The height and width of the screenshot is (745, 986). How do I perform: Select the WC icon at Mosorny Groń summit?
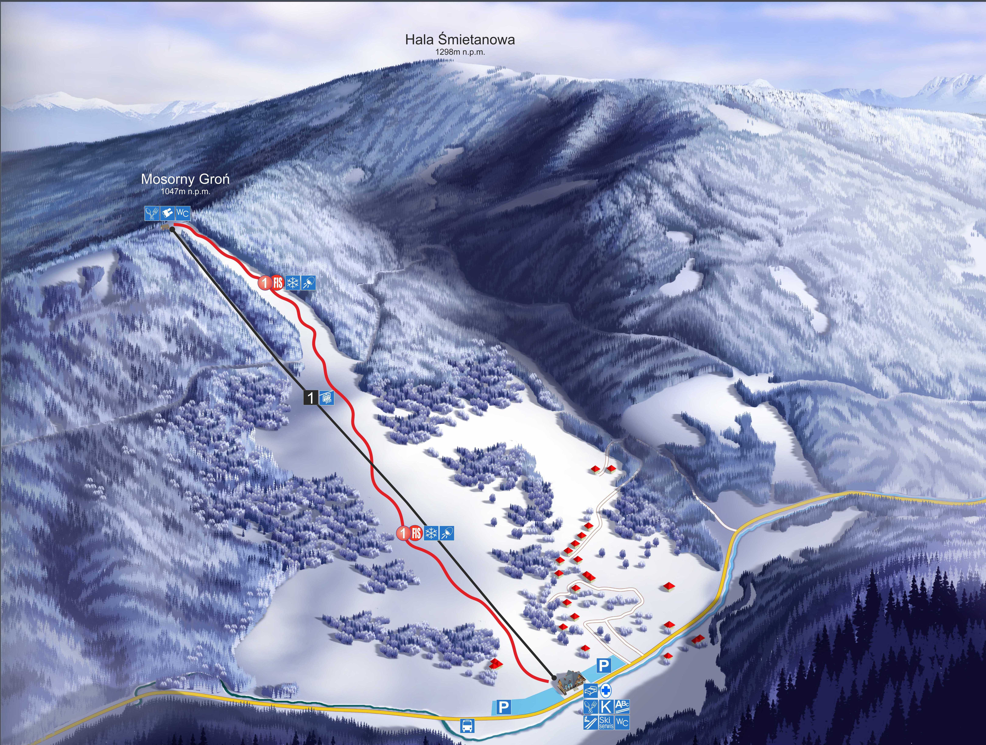pyautogui.click(x=182, y=213)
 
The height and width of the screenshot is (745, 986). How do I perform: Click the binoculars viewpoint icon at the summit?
pyautogui.click(x=167, y=213)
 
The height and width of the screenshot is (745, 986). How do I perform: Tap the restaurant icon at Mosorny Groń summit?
pyautogui.click(x=152, y=213)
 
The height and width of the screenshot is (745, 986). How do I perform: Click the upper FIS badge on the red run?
pyautogui.click(x=278, y=282)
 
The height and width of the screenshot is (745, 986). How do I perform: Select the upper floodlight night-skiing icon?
pyautogui.click(x=308, y=282)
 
